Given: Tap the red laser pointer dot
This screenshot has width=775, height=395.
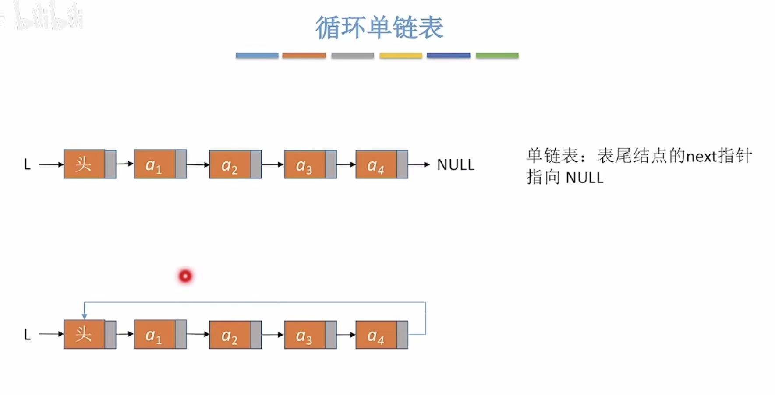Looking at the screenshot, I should [185, 276].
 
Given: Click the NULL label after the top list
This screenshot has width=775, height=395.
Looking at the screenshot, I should [456, 164].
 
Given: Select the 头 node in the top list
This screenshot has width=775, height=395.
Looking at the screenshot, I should [84, 164].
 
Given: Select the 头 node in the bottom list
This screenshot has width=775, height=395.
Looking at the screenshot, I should [84, 335].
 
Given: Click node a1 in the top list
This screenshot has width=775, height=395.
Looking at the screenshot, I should [154, 164].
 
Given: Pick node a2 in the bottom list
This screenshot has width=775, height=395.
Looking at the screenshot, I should [230, 335].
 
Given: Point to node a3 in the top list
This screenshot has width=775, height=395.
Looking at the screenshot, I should [304, 164].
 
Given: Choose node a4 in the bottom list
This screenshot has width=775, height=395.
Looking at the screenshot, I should [376, 335].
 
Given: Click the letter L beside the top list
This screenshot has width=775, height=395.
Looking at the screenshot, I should [27, 164].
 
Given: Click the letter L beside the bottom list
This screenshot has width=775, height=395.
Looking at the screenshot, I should [27, 335].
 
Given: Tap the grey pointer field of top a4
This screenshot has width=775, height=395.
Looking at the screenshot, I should [402, 164].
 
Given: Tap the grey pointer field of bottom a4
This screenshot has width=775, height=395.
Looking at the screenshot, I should [402, 335].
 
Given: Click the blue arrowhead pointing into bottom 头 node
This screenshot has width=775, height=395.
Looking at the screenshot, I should [85, 316].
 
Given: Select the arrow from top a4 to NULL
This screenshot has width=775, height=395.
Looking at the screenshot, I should [419, 164].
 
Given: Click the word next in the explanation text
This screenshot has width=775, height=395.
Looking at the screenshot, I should [701, 156].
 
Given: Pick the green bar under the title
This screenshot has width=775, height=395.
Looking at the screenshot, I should [497, 56].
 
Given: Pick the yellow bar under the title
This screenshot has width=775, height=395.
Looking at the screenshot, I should [400, 56].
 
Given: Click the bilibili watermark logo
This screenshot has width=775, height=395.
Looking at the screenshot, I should [48, 17].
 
